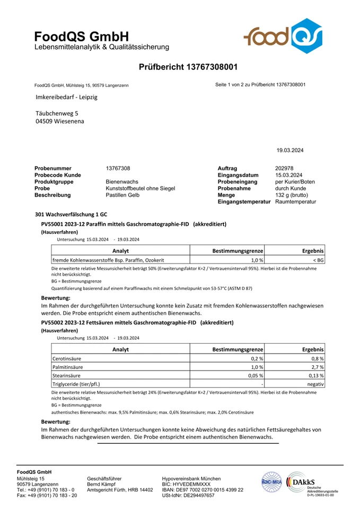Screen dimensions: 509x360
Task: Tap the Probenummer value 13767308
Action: coord(118,168)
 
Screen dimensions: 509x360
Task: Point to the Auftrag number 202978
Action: coord(285,168)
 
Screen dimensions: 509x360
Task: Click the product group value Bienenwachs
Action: coord(122,182)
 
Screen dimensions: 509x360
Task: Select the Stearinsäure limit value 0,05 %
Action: coord(254,375)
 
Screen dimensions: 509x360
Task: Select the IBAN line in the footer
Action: coord(203,489)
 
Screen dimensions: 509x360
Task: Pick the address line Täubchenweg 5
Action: coord(57,113)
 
